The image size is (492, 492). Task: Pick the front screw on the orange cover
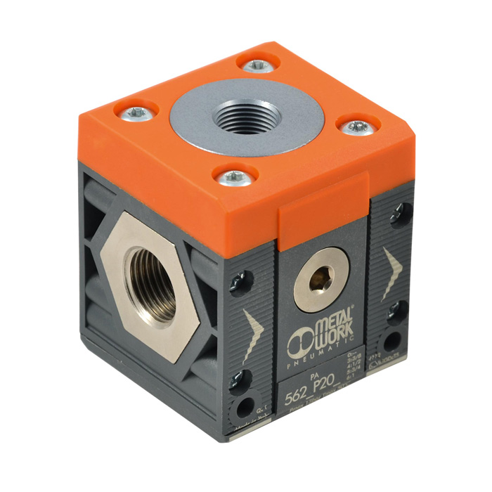coord(233,177)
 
